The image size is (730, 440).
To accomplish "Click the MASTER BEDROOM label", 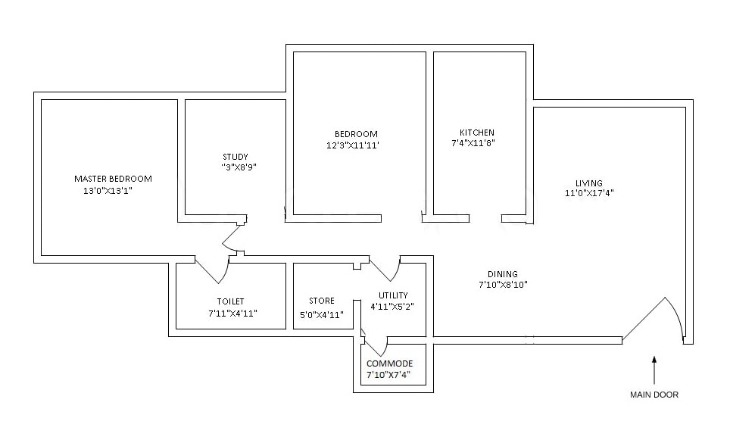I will (x=113, y=179).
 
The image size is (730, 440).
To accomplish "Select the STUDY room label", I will (x=236, y=158).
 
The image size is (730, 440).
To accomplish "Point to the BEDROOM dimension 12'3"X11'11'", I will (x=351, y=145).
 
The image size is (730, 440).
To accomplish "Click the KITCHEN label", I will (x=477, y=132).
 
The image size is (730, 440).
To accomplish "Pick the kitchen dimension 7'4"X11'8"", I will (x=473, y=142).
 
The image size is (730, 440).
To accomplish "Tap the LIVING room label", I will (x=588, y=183).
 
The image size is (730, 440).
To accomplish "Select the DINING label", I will (x=502, y=274).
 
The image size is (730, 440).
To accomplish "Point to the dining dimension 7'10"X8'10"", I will (x=502, y=285).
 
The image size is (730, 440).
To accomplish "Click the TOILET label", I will (x=230, y=301).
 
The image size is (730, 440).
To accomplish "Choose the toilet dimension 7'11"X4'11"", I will (x=233, y=313).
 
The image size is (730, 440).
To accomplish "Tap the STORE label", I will (x=322, y=301).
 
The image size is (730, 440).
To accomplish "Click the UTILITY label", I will (x=393, y=295).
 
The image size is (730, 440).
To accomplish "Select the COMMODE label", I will (x=390, y=364).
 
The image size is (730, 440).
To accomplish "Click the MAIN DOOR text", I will (x=654, y=395).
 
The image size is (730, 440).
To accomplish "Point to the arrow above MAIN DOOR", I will (x=654, y=370).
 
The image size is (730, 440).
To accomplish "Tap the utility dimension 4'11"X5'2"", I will (x=392, y=307).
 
